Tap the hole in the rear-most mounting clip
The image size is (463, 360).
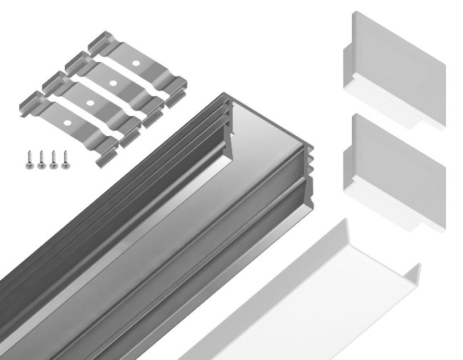pos(135,65)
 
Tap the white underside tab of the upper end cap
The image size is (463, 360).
pos(388,107)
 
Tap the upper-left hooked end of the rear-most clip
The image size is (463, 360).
pos(100,40)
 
